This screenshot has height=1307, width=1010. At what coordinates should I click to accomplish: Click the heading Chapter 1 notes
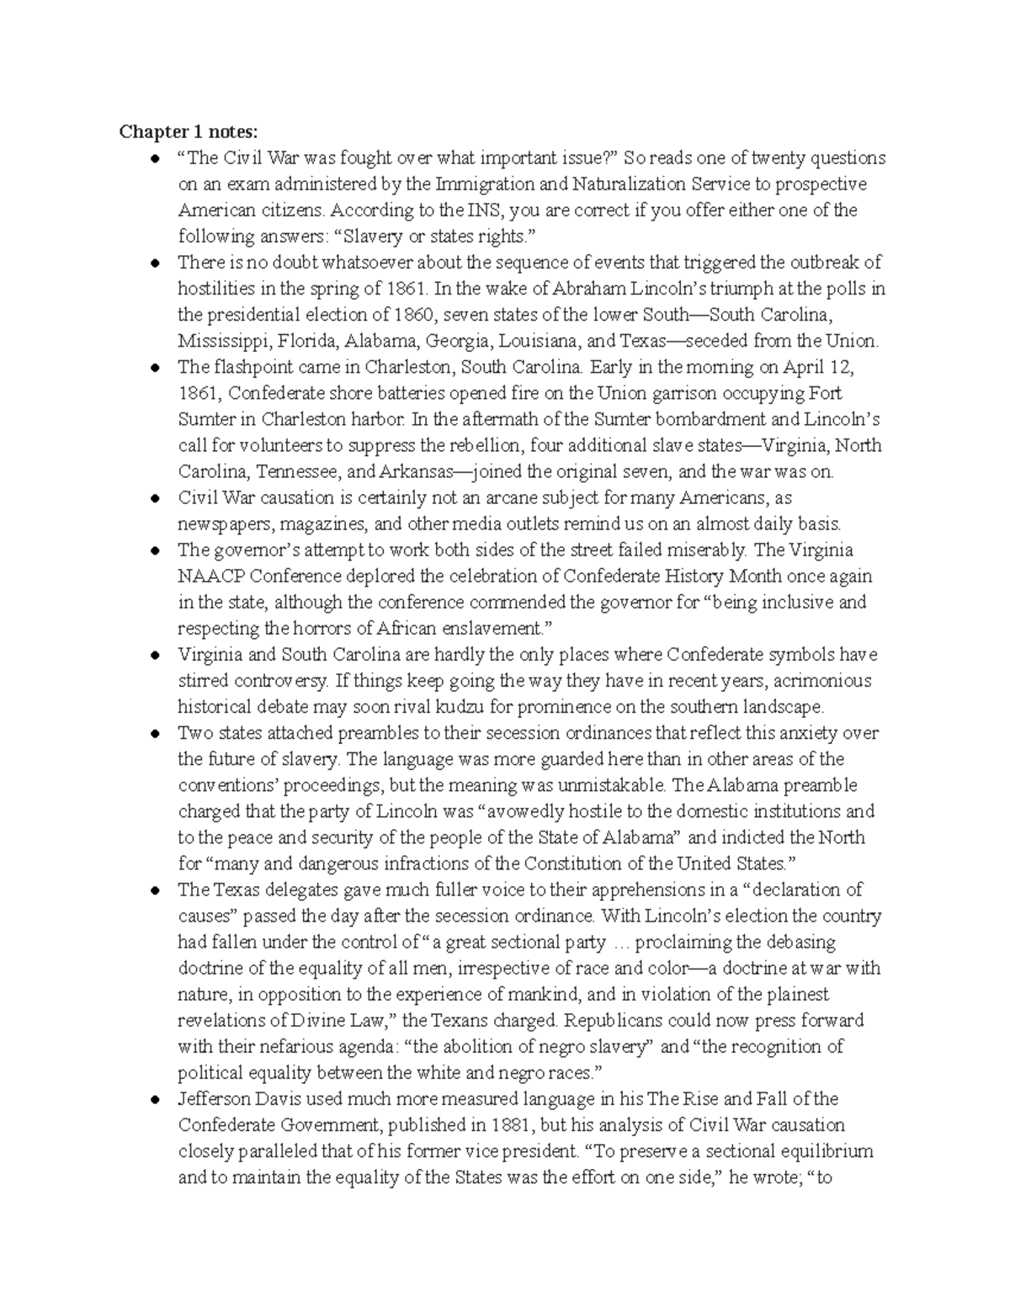click(189, 131)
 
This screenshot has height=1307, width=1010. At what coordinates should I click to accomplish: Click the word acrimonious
click(821, 680)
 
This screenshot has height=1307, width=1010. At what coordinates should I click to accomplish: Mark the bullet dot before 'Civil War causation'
click(155, 498)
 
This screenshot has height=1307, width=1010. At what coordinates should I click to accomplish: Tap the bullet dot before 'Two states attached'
click(155, 733)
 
